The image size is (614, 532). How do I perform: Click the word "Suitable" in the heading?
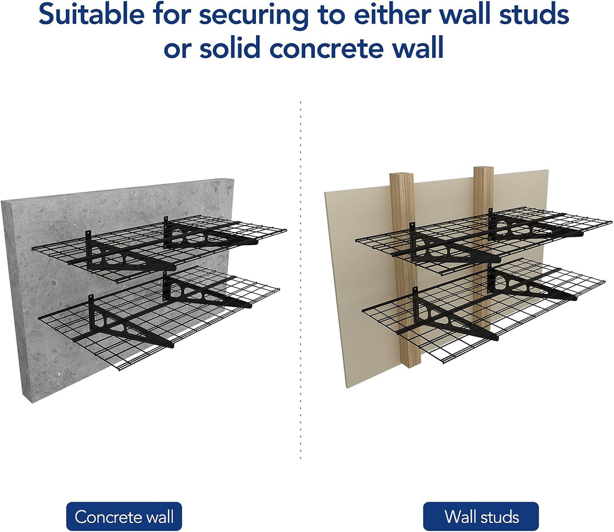point(91,14)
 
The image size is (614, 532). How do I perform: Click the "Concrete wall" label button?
point(124,517)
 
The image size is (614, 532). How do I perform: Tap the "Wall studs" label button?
point(481,517)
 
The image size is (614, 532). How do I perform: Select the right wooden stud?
point(484,187)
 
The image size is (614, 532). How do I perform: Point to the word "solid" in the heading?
point(230,48)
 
